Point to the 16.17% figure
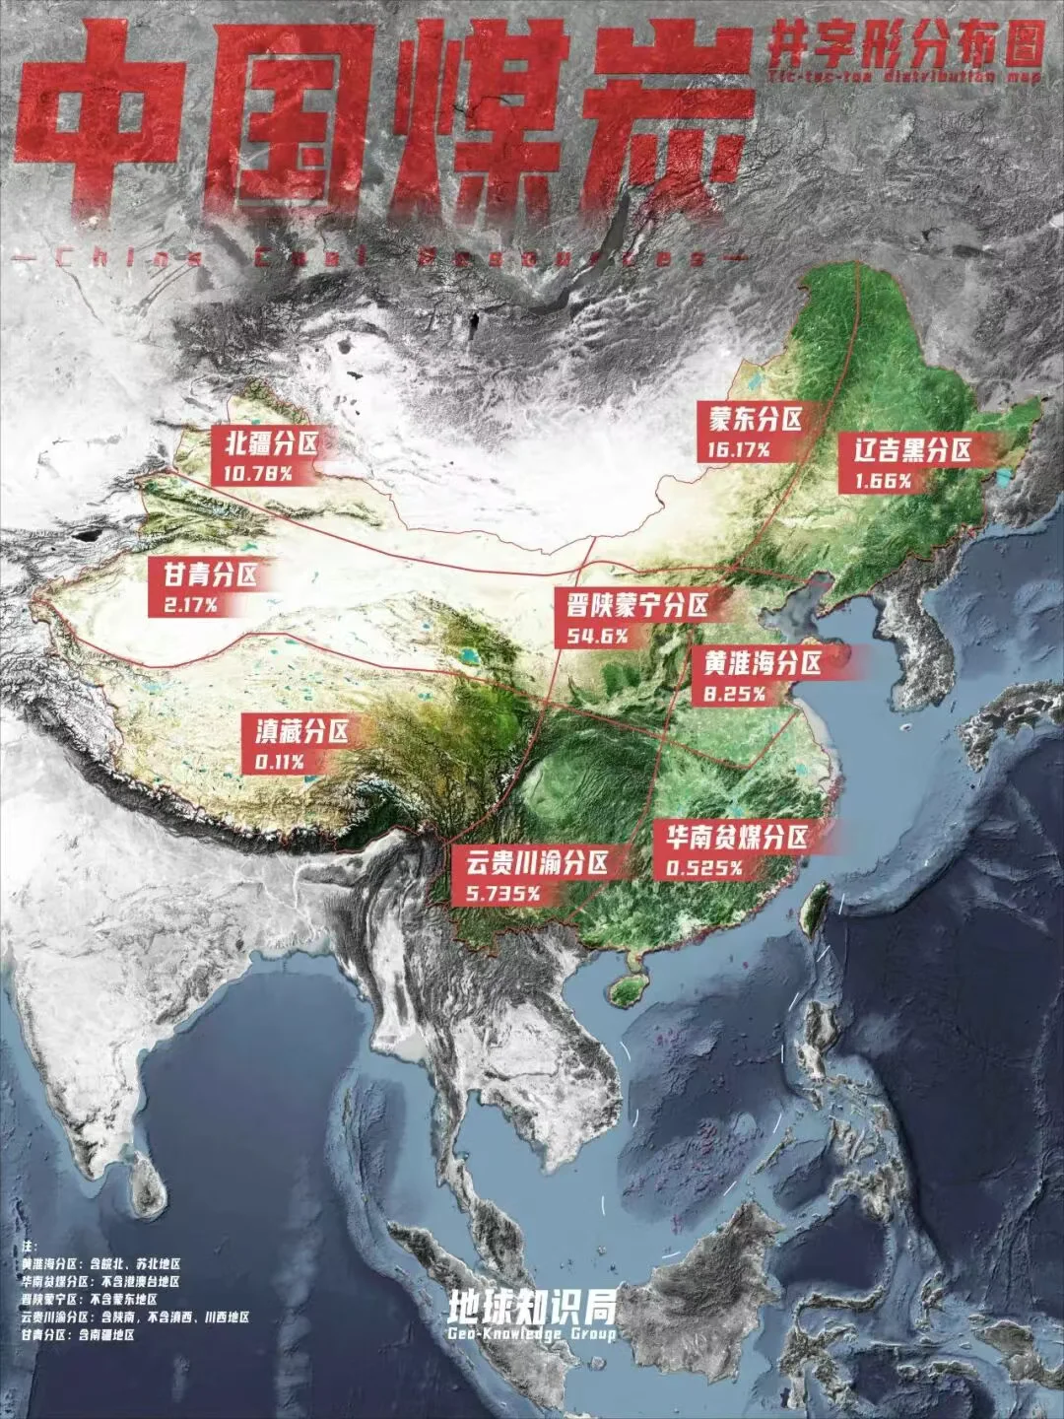tap(738, 449)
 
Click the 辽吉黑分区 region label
tap(912, 450)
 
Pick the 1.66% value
tap(875, 481)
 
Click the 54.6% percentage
tap(598, 636)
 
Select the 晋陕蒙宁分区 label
tap(631, 604)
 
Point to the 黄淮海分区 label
tap(762, 662)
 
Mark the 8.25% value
tap(734, 694)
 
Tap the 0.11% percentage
tap(279, 762)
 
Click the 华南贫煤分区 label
tap(736, 838)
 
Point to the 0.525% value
tap(703, 868)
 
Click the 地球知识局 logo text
tap(532, 1307)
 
